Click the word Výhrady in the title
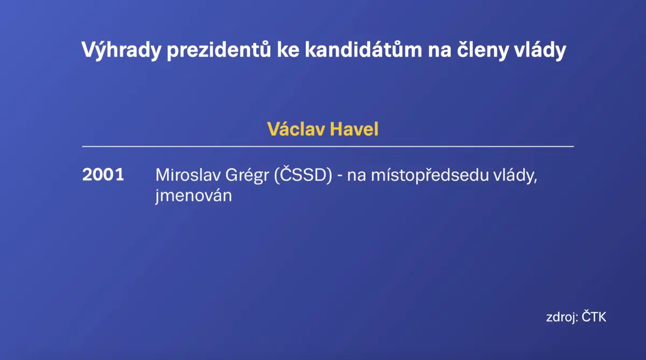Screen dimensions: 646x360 pos(121,50)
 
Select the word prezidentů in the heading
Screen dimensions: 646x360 pos(219,50)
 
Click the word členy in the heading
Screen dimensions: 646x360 pos(483,50)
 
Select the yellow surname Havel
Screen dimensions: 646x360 pos(354,129)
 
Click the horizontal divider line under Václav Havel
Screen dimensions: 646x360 pos(328,146)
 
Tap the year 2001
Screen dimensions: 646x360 pos(103,174)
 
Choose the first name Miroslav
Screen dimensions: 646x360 pos(187,175)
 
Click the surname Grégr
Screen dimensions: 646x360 pos(247,175)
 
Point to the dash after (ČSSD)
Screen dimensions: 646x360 pos(340,176)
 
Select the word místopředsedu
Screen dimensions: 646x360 pos(430,175)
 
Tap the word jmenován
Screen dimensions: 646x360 pos(193,196)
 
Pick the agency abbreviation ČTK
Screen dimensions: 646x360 pos(594,316)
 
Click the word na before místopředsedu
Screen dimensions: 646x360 pos(356,176)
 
